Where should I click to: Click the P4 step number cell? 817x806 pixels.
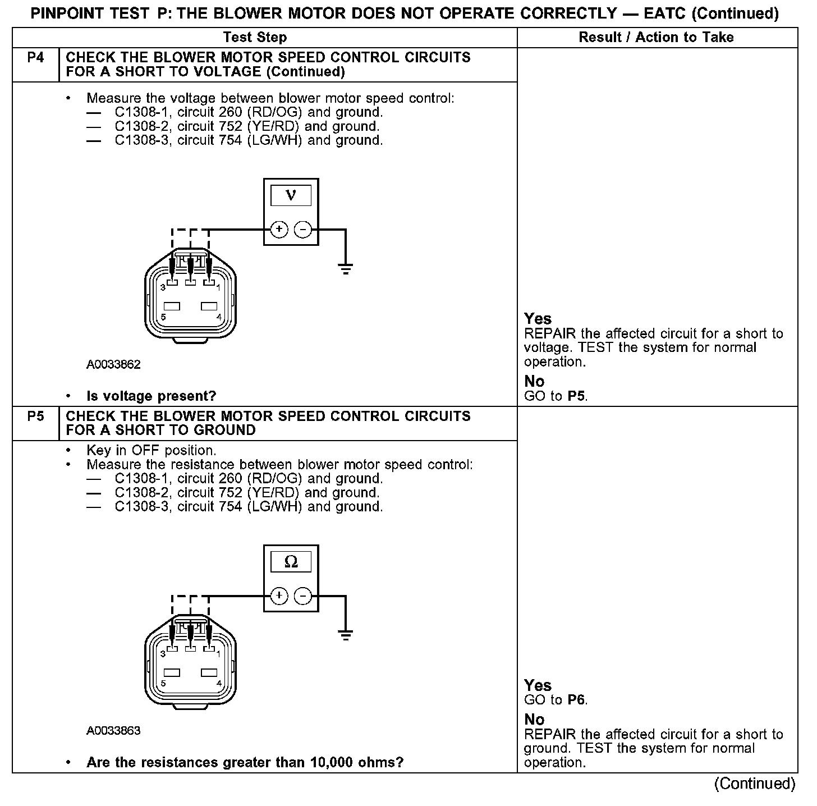click(x=35, y=58)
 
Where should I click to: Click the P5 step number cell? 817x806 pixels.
click(x=35, y=416)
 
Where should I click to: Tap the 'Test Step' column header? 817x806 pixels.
click(x=255, y=38)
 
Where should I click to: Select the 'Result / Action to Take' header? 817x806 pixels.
click(x=656, y=38)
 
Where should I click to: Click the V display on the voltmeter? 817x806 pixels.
click(x=291, y=195)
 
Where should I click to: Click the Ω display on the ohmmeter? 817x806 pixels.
click(x=291, y=562)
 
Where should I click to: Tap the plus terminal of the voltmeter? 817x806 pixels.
click(x=279, y=229)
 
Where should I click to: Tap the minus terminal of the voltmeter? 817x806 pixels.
click(x=303, y=229)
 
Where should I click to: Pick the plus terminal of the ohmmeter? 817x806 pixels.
click(x=279, y=596)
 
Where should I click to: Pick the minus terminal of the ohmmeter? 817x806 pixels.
click(x=303, y=596)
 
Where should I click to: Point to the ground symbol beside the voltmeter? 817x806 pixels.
click(x=346, y=268)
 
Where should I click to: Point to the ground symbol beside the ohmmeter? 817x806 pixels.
click(x=346, y=635)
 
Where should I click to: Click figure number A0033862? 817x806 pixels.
click(x=113, y=365)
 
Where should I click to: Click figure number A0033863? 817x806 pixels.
click(x=113, y=731)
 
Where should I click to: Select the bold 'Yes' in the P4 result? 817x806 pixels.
click(x=538, y=319)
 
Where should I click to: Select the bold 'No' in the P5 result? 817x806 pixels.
click(x=534, y=720)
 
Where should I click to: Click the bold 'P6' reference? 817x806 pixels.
click(x=577, y=700)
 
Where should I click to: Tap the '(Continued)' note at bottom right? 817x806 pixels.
click(x=754, y=784)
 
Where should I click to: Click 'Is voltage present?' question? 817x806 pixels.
click(x=151, y=396)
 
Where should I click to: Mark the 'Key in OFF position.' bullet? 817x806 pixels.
click(x=151, y=451)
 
